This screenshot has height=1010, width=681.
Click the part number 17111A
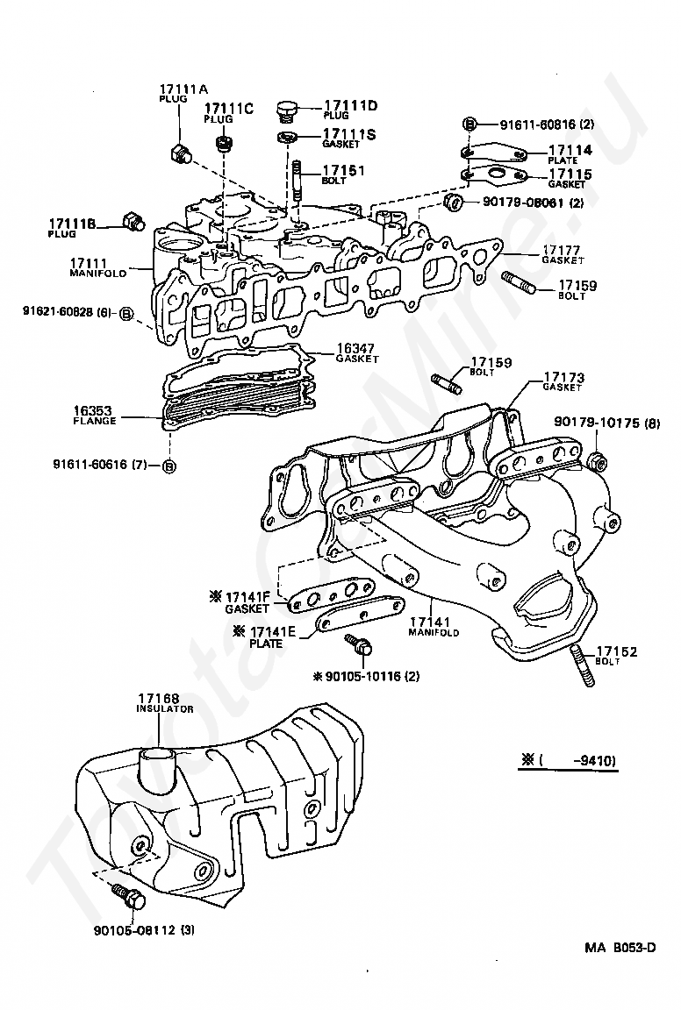pos(175,89)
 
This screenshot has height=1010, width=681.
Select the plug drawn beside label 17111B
pos(133,221)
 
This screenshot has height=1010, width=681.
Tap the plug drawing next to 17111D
pos(286,110)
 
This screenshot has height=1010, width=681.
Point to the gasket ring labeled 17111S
pos(287,137)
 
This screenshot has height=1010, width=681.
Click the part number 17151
pos(344,171)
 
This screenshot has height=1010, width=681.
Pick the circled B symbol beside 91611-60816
pos(470,124)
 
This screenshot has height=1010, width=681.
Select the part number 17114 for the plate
pos(570,150)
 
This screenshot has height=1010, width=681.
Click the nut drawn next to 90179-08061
pos(454,203)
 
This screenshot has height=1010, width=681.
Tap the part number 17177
pos(561,250)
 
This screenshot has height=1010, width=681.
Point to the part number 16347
pos(355,349)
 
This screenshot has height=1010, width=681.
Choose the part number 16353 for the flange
pos(92,410)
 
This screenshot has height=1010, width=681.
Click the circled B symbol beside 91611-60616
pos(169,466)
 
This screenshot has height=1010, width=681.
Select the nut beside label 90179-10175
pos(597,459)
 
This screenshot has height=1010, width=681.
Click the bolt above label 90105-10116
pos(360,644)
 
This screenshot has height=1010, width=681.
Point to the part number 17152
pos(616,651)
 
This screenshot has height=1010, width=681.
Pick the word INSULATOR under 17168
pos(164,708)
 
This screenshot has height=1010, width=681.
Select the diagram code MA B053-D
pos(620,947)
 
